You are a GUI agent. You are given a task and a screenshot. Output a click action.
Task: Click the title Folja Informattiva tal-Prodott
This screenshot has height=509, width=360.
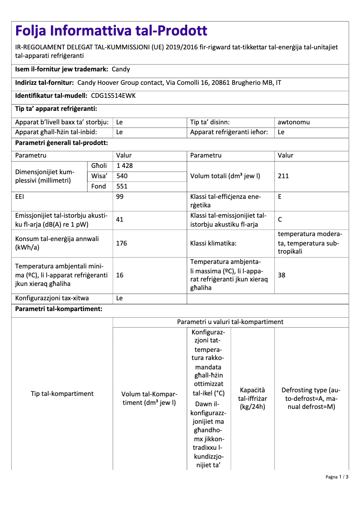[111, 31]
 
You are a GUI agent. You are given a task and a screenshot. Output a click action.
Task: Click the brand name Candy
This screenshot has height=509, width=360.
[121, 69]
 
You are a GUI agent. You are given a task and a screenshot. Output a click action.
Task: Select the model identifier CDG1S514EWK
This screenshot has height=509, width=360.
[113, 96]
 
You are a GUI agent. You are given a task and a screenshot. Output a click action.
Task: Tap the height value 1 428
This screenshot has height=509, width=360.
[124, 166]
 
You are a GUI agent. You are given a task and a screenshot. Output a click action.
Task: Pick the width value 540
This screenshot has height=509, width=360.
[122, 176]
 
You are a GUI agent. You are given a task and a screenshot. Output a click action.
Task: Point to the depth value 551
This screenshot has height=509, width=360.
[122, 186]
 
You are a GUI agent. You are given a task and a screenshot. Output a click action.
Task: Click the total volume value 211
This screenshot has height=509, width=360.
[283, 176]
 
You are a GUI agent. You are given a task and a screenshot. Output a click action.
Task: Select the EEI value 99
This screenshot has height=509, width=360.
[120, 197]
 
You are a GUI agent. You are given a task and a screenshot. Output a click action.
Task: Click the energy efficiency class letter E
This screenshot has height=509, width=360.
[280, 197]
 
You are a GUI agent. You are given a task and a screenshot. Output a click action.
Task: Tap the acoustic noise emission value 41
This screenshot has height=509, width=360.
[120, 219]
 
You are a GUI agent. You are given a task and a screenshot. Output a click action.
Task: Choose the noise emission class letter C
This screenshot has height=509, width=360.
[280, 219]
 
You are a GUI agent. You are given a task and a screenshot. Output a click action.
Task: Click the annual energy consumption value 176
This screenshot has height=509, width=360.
[122, 243]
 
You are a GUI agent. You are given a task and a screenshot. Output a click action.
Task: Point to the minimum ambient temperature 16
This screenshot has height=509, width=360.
[120, 275]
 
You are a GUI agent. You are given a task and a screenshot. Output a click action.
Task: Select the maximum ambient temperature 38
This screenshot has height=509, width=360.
[281, 275]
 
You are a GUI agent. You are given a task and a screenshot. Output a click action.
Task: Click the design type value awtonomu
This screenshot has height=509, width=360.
[294, 122]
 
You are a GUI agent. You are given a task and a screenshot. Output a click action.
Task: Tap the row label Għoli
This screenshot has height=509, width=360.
[99, 166]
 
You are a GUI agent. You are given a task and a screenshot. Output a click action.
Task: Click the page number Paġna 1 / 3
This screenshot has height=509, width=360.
[337, 477]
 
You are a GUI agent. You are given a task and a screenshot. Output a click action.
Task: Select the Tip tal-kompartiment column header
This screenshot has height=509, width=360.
[62, 394]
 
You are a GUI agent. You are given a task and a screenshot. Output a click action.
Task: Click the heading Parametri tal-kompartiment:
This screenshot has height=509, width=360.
[58, 309]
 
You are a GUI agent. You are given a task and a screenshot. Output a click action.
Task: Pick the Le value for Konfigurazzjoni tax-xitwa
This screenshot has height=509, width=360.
[120, 298]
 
